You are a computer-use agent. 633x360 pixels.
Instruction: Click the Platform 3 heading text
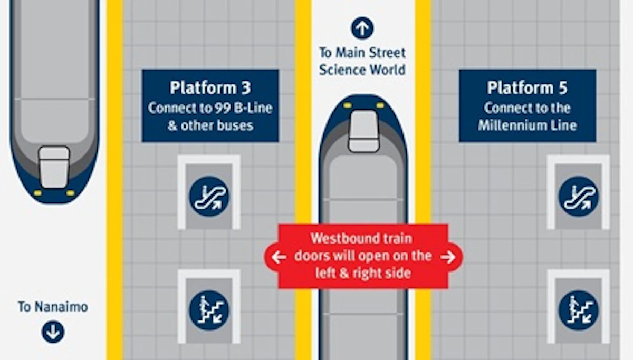point(210,88)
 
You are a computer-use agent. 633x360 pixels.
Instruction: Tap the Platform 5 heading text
point(527,88)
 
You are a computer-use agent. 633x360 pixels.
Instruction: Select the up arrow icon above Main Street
point(362,28)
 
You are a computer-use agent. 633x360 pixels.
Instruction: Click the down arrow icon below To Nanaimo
point(53,332)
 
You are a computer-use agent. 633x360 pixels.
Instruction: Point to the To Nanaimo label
point(53,307)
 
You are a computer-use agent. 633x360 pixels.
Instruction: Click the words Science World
point(362,70)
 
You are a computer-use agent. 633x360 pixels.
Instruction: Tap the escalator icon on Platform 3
point(209,197)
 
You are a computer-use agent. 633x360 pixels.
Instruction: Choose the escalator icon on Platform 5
point(579,197)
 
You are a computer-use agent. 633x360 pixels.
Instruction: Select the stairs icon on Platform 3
point(209,310)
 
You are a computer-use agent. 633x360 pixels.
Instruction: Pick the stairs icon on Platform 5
point(579,310)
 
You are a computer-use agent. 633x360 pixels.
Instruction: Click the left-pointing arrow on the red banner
point(279,257)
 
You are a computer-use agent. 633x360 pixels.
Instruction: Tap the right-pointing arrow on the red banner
point(448,257)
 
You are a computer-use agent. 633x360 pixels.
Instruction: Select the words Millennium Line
point(527,125)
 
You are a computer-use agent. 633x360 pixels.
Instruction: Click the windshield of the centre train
point(363,131)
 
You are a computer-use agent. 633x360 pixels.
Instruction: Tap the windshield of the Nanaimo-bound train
point(54,167)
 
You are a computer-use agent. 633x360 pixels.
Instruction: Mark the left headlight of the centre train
point(348,105)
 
